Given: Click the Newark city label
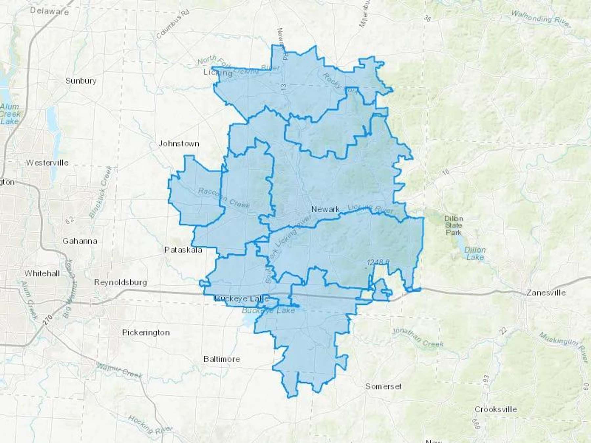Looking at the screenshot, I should [x=325, y=209].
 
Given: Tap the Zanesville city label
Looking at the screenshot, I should [x=546, y=292].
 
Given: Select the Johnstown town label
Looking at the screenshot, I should [x=179, y=143].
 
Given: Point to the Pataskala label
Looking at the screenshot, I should [x=183, y=250].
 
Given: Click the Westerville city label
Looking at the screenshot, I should [x=47, y=162].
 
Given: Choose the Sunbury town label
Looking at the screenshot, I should [x=81, y=81].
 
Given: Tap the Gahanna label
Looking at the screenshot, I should [x=80, y=241].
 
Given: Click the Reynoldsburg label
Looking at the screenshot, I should [x=120, y=282].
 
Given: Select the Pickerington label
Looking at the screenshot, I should [x=146, y=332].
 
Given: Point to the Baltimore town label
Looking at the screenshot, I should [x=222, y=359].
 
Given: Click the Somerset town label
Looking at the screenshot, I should [x=383, y=387].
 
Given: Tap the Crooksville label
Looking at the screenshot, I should [x=496, y=410].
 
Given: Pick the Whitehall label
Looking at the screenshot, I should [x=42, y=273].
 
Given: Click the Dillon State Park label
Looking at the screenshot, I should [x=453, y=225].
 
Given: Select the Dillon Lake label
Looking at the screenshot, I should [x=475, y=253].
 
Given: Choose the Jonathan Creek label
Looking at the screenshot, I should [x=419, y=338].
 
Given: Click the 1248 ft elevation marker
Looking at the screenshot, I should [x=378, y=262].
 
